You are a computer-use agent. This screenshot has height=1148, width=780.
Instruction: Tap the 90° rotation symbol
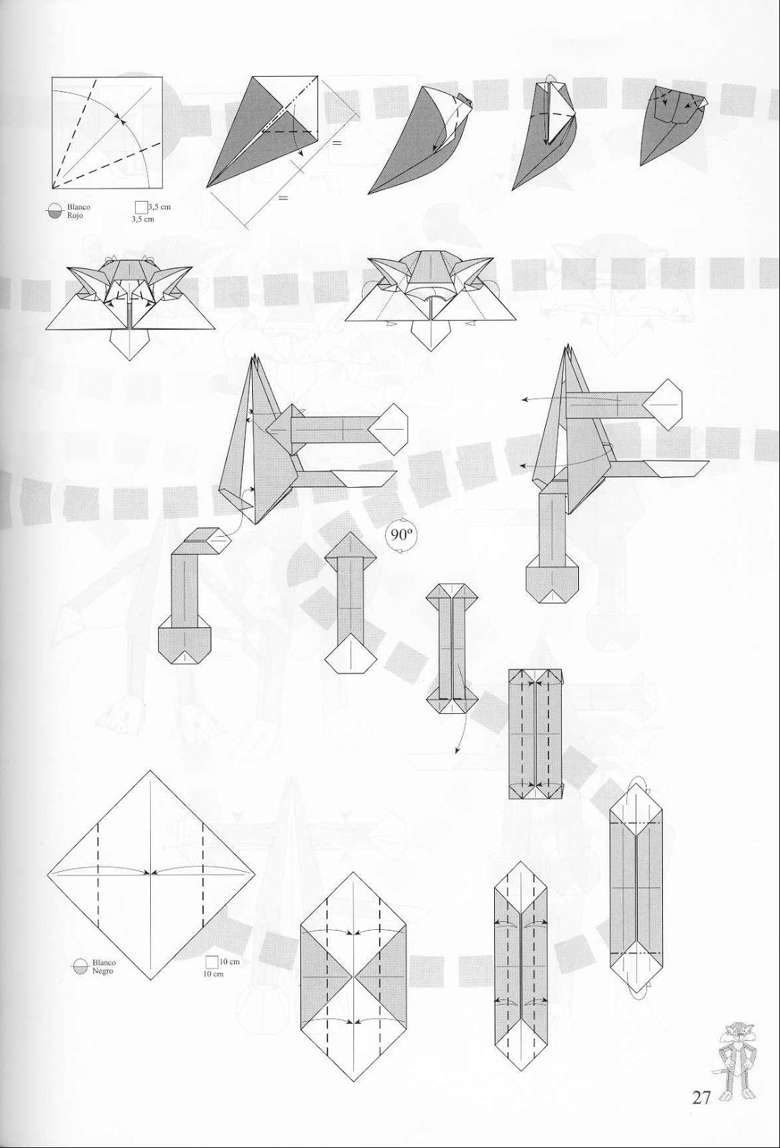point(399,535)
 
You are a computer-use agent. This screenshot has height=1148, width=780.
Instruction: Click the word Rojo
point(75,215)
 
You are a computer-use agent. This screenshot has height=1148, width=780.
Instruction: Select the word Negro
point(103,970)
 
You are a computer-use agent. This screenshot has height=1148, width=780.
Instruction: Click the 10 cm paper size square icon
point(212,962)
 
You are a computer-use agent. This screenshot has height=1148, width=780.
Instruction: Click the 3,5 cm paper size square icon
point(141,207)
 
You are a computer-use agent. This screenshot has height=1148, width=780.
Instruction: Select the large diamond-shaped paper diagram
point(151,875)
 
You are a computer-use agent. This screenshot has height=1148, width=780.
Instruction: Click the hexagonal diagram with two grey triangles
point(352,977)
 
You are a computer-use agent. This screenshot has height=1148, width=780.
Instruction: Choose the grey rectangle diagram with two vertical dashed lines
point(535,733)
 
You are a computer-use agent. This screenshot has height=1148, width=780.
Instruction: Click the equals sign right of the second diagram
point(336,143)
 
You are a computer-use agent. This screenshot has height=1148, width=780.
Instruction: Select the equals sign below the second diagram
point(282,197)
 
